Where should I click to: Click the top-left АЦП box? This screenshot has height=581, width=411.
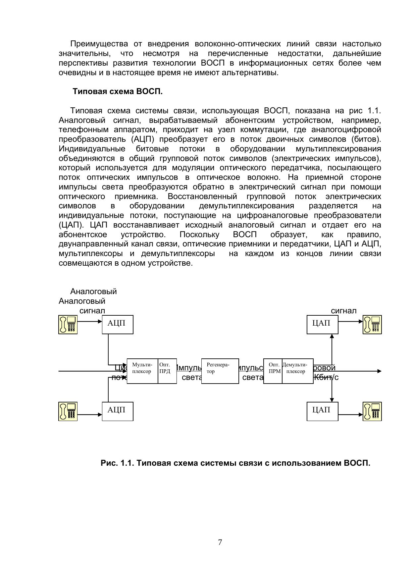117,324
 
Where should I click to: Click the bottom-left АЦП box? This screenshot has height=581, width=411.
117,411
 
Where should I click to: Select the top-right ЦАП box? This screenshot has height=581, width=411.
322,324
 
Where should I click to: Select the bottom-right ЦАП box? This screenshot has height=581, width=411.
322,411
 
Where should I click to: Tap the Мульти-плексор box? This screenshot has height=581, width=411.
142,371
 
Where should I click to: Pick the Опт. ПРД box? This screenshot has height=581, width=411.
167,371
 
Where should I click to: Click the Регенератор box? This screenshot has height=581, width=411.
220,371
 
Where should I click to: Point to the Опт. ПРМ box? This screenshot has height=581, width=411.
273,371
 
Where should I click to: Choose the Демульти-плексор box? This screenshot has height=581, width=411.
297,371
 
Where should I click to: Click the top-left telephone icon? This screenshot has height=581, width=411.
68,324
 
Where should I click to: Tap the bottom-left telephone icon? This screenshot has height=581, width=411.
68,411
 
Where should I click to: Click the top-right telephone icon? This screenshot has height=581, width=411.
372,324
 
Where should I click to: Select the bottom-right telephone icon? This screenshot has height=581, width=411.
372,411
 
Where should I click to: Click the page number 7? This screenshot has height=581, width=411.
220,542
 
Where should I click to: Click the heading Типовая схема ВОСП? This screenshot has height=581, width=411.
118,91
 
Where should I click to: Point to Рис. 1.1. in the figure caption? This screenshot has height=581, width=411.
117,463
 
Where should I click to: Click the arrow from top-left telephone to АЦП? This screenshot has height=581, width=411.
89,321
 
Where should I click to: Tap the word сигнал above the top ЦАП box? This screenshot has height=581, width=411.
343,311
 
